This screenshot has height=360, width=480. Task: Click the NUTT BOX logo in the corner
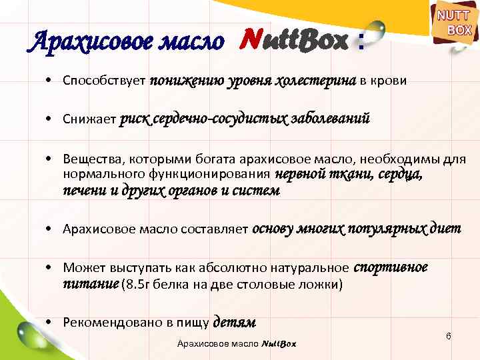(454, 25)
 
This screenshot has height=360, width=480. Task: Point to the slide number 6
(449, 335)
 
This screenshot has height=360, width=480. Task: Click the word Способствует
(104, 81)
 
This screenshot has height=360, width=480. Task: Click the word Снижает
(89, 120)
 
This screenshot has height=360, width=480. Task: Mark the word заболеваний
(330, 119)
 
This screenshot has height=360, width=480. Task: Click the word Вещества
(90, 159)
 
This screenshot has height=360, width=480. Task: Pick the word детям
(234, 323)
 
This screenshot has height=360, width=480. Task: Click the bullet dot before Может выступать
(50, 269)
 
